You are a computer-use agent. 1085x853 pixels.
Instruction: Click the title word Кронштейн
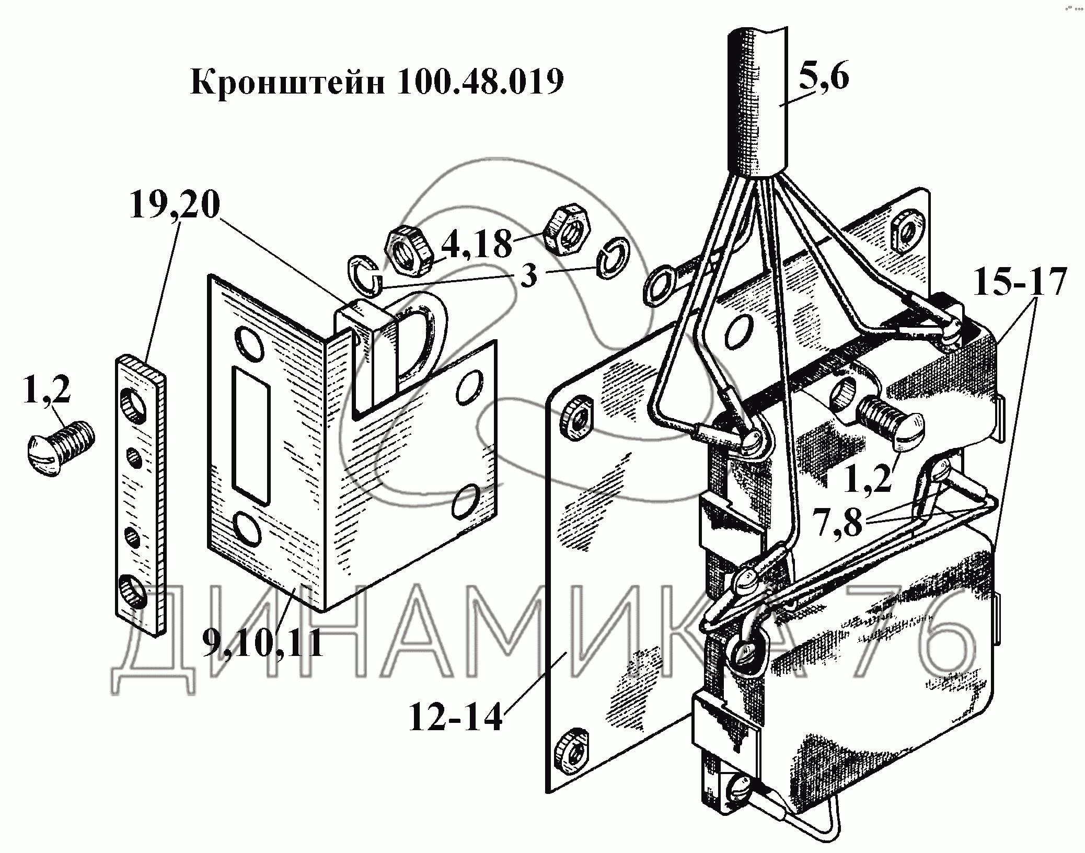click(287, 82)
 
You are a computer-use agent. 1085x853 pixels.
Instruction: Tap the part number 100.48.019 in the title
click(480, 82)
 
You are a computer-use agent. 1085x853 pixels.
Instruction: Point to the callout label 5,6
click(823, 77)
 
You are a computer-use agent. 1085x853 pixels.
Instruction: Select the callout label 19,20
click(175, 205)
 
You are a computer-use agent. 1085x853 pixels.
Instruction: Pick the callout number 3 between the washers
click(529, 276)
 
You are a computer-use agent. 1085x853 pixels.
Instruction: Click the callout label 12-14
click(455, 718)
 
